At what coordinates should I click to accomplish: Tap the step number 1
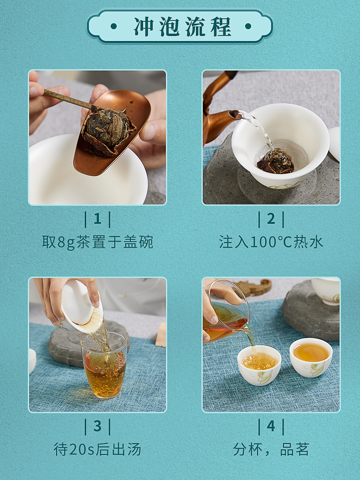98,219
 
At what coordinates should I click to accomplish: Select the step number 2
271,219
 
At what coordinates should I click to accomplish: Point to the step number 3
98,426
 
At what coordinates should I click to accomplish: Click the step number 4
271,426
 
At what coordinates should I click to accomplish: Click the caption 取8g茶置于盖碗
98,242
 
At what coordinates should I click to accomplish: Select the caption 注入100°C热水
271,242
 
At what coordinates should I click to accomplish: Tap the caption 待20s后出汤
98,449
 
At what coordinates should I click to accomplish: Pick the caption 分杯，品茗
271,449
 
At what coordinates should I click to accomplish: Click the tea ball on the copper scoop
107,128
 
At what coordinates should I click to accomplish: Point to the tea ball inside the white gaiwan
276,161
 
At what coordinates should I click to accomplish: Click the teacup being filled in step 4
259,365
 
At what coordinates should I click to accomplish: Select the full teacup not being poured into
311,357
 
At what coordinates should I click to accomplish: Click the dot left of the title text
113,26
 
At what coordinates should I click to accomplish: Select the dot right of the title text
248,26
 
